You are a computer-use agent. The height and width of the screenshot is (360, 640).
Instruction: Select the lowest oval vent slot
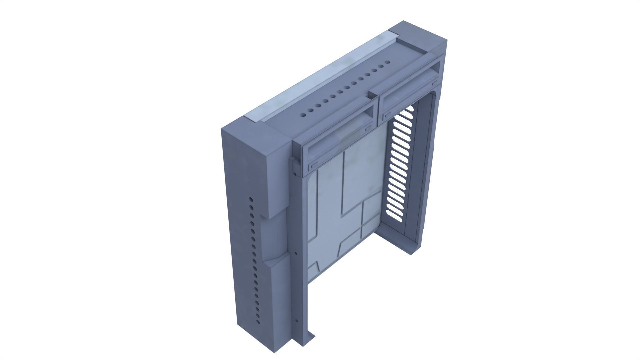tap(395, 217)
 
